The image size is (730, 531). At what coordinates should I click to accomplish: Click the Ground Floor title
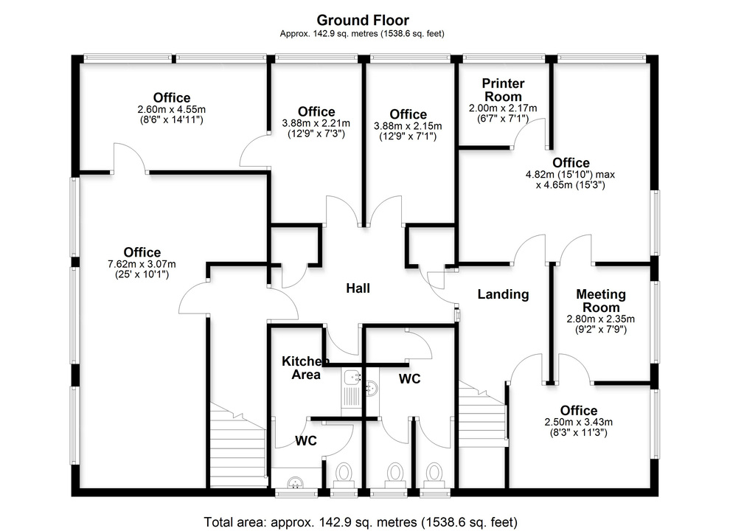click(x=362, y=20)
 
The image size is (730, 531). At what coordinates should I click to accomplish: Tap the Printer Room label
click(x=504, y=90)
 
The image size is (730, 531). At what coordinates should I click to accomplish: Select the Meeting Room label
click(x=600, y=300)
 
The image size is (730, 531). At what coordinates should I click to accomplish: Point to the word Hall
click(x=358, y=288)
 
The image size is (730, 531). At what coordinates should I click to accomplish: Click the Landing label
click(x=503, y=294)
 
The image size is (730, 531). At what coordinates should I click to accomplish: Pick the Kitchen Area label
click(x=305, y=367)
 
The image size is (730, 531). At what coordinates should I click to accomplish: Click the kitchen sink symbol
click(x=353, y=381)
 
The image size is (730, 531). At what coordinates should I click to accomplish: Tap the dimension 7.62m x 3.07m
click(x=142, y=264)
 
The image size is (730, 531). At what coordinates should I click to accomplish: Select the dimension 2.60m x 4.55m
click(x=171, y=109)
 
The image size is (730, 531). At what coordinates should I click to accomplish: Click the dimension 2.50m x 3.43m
click(x=579, y=422)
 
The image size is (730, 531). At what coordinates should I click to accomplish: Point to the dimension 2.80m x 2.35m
click(x=600, y=319)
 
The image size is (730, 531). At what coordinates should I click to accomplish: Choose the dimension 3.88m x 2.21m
click(x=316, y=124)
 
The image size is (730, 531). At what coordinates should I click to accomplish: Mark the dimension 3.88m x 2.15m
click(x=409, y=126)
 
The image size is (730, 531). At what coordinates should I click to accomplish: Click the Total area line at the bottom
click(x=361, y=521)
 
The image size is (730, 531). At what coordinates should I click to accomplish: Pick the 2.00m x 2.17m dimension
click(x=504, y=108)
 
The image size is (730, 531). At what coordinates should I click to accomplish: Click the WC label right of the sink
click(x=409, y=378)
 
